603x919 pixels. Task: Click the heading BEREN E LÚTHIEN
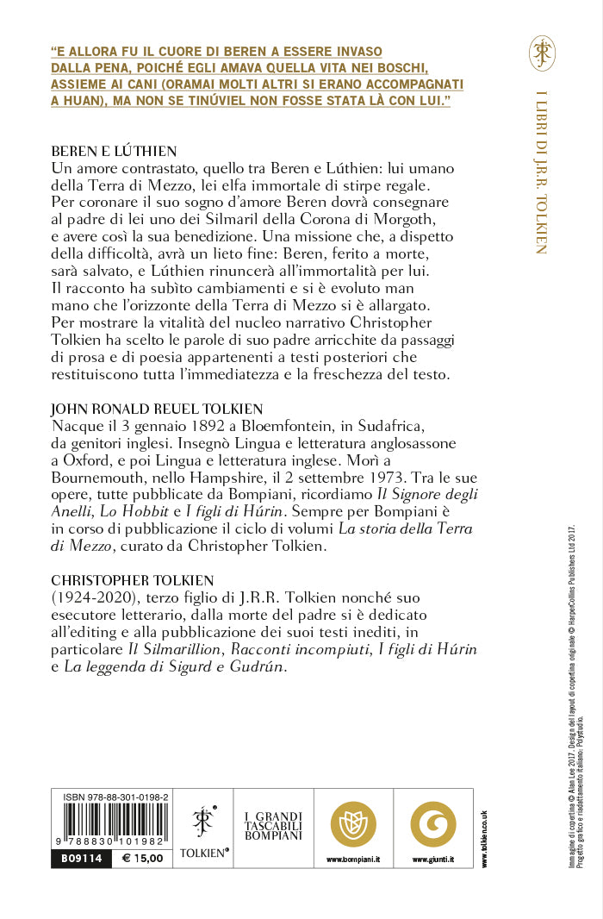coord(115,150)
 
